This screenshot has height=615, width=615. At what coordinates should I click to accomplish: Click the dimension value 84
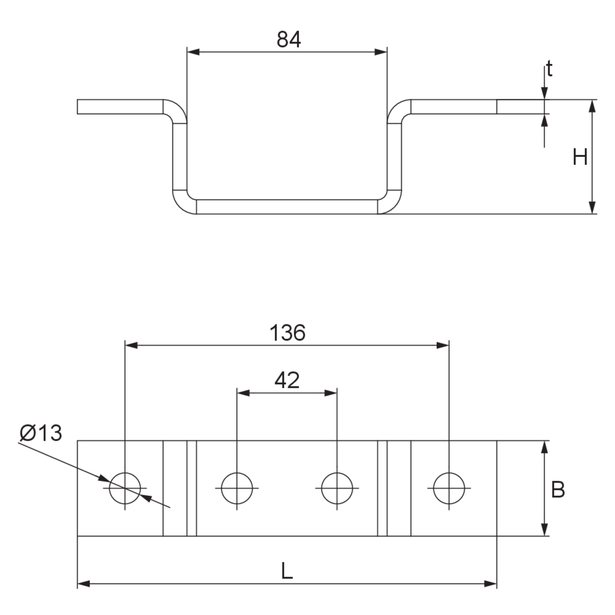click(289, 40)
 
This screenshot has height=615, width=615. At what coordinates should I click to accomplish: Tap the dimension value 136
click(288, 333)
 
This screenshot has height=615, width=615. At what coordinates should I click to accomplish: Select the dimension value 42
click(287, 380)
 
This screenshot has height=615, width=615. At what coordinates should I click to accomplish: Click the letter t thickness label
click(549, 69)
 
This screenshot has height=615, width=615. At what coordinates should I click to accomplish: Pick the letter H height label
click(580, 157)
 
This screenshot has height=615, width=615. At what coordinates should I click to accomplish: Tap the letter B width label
click(558, 490)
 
